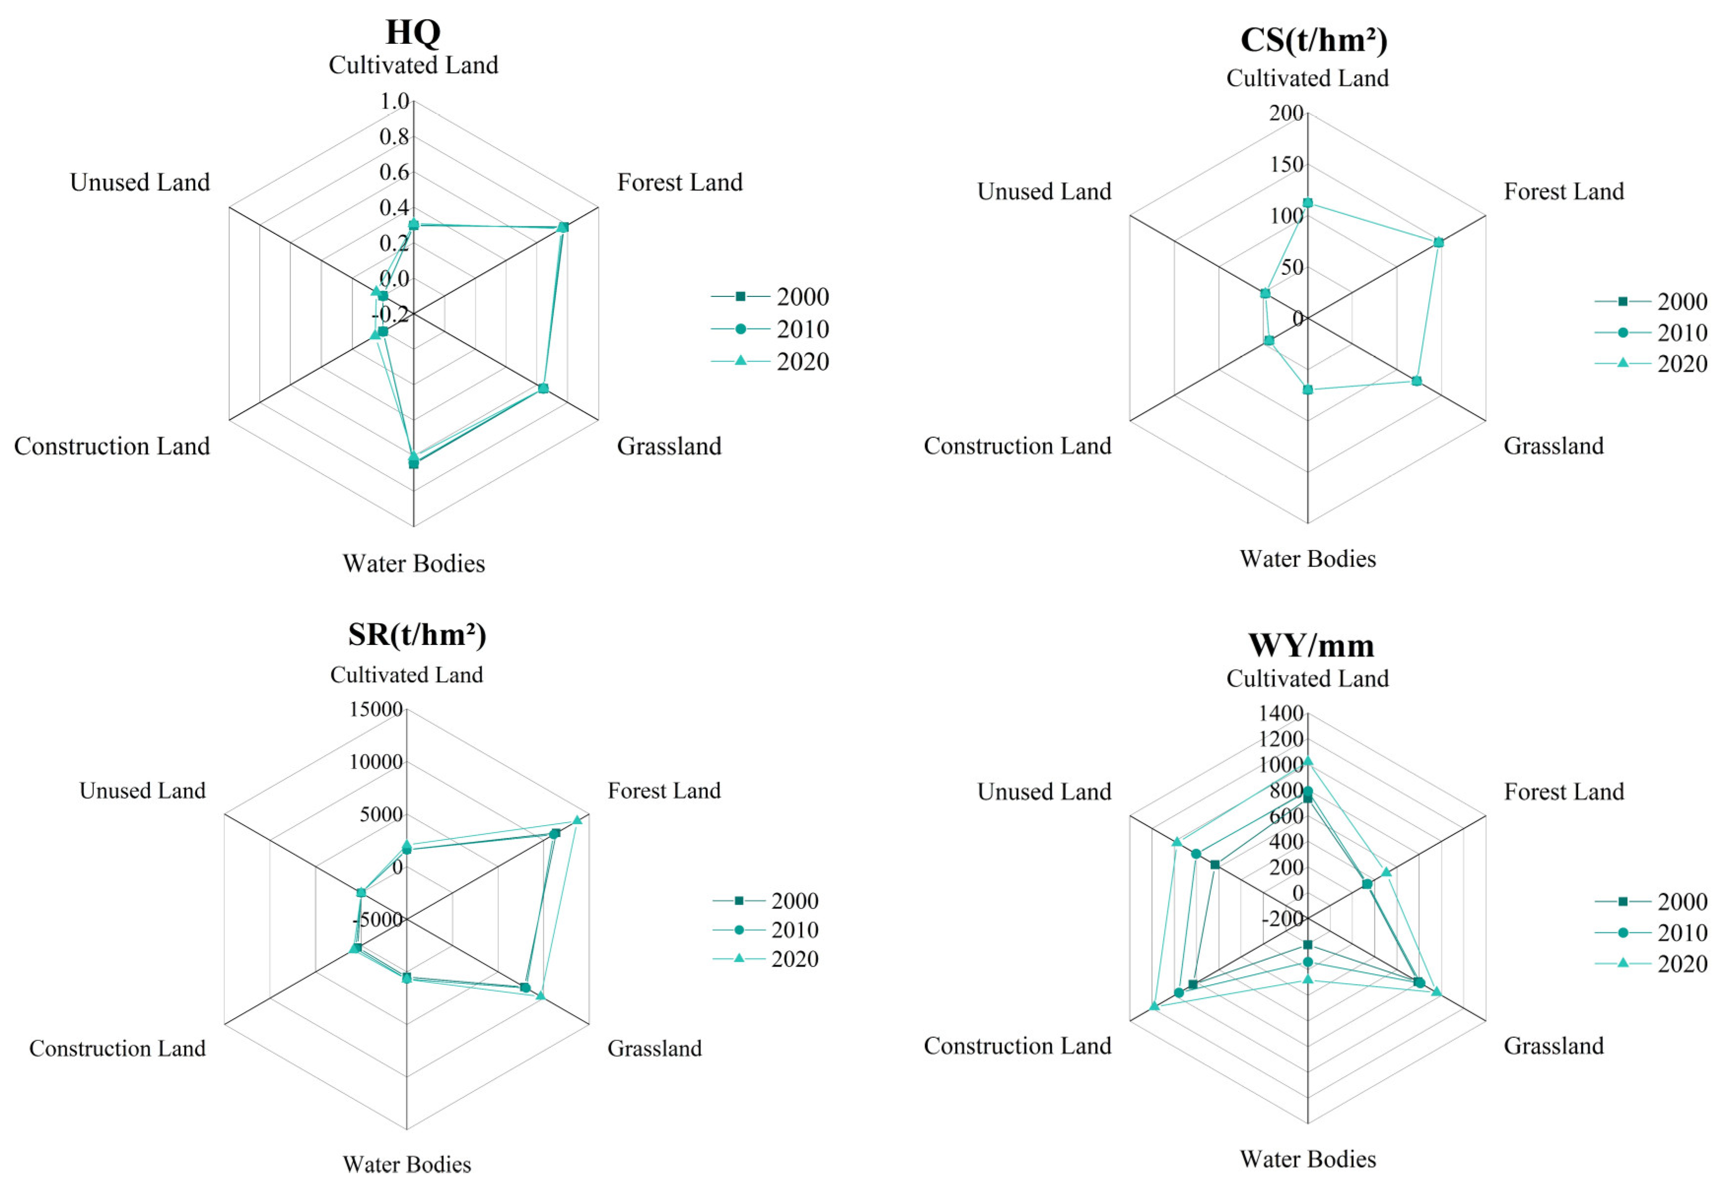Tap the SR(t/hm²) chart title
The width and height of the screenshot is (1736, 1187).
coord(417,635)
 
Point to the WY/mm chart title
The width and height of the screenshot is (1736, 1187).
coord(1311,645)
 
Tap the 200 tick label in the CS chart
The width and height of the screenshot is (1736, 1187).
coord(1286,113)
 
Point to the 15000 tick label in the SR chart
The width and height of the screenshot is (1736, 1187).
coord(376,709)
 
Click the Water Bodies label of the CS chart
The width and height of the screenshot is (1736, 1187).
coord(1307,558)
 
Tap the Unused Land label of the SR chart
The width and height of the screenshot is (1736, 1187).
coord(142,791)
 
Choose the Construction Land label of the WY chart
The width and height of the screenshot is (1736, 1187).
coord(1017,1046)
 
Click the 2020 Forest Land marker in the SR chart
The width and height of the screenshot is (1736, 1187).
coord(577,820)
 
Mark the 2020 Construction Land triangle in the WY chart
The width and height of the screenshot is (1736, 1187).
coord(1154,1006)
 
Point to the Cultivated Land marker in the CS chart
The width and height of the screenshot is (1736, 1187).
coord(1307,203)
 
